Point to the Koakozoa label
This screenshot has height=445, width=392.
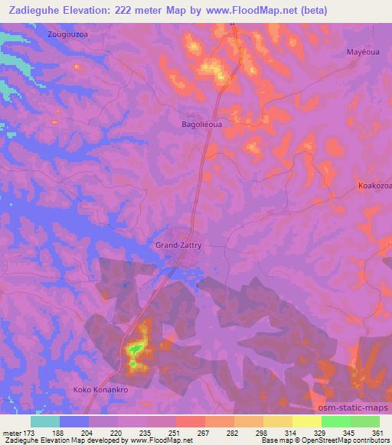tap(374, 186)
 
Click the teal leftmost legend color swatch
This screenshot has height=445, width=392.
tap(45, 421)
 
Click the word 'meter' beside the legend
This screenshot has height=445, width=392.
tap(13, 432)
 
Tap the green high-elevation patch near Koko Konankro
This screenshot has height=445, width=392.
tap(135, 350)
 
